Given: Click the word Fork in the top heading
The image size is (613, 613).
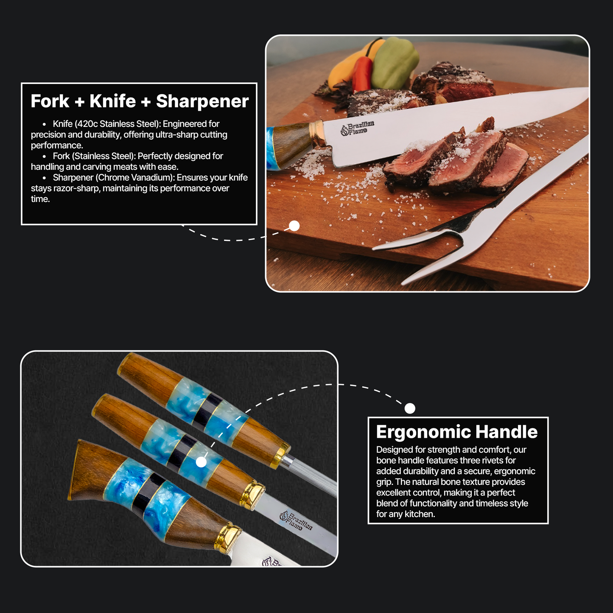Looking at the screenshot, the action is [x=50, y=101].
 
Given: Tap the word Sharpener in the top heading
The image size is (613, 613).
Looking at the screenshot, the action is [x=202, y=101].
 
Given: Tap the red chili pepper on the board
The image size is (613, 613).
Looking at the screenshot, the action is [x=362, y=74].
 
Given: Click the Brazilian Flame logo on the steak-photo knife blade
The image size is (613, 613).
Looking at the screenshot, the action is [x=357, y=128].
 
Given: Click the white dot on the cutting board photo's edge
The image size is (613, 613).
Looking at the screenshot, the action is [x=294, y=226].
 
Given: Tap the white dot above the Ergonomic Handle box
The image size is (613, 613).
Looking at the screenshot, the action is [x=410, y=408].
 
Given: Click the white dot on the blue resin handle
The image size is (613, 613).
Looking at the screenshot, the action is [x=201, y=462].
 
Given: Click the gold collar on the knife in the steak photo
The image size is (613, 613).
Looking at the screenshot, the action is [x=318, y=134].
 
